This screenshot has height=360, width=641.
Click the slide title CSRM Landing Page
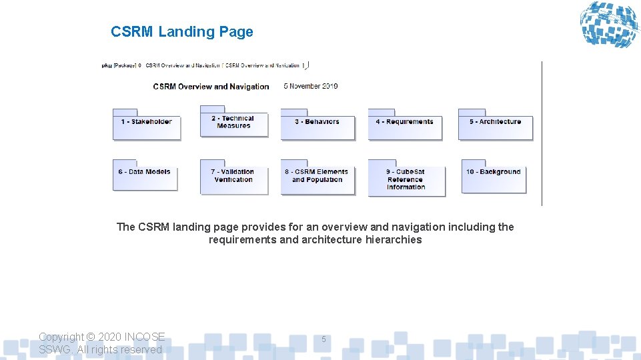tap(182, 32)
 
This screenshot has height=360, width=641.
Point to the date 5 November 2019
tap(311, 86)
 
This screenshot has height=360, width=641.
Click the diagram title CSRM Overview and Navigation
tap(211, 87)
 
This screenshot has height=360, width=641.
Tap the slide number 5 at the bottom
tap(324, 339)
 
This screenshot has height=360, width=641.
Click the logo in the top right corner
tap(608, 25)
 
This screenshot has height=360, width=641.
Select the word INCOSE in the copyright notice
tap(145, 337)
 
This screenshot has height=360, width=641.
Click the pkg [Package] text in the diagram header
tap(119, 65)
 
